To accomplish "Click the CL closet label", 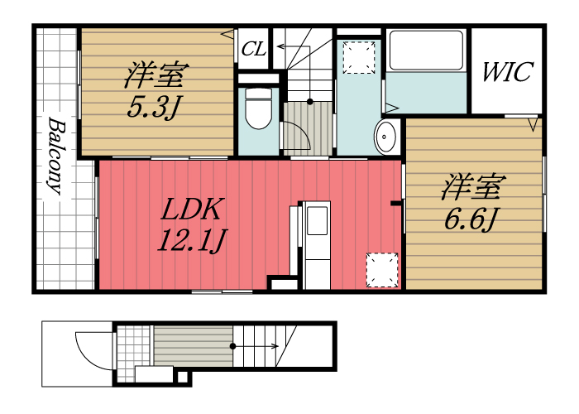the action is [x=254, y=48].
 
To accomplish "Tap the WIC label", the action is [x=508, y=72].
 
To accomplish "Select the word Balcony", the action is [x=56, y=156].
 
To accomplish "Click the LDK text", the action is [x=193, y=209].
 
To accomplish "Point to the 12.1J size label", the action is [x=192, y=240].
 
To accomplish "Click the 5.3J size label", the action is [x=154, y=107].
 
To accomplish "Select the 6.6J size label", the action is [x=471, y=219].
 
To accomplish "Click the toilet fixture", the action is [x=258, y=108].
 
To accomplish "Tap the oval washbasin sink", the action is [x=385, y=137].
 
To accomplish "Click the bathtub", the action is [x=426, y=51].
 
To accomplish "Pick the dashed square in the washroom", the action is [x=358, y=57].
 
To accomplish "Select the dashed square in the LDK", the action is [x=382, y=270].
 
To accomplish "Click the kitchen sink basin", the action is [x=317, y=220].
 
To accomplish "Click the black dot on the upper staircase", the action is [x=310, y=101].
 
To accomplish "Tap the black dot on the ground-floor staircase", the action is [x=232, y=346].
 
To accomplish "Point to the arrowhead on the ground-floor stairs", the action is [x=275, y=346].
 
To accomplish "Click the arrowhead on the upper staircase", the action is [x=280, y=46].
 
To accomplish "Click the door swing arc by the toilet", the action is [x=303, y=132].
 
